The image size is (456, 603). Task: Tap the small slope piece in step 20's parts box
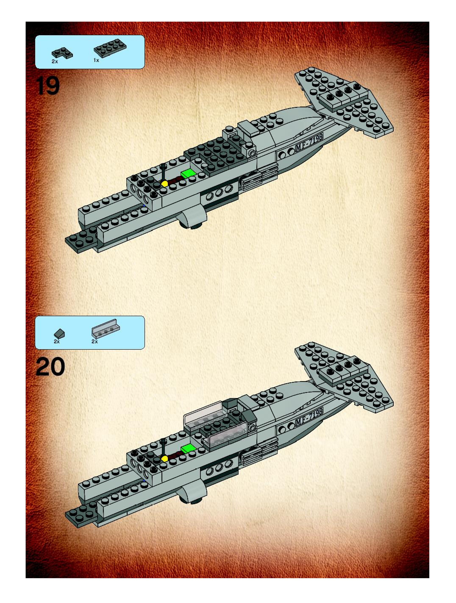[x=59, y=333]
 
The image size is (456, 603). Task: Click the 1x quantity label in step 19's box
[x=96, y=60]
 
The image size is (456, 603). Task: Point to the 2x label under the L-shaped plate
[x=55, y=62]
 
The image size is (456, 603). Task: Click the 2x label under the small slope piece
[x=57, y=341]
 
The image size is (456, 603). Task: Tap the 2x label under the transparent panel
[x=95, y=341]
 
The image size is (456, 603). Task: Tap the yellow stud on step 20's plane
[x=164, y=458]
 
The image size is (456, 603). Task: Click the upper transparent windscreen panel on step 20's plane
[x=203, y=414]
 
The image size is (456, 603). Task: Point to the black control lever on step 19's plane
[x=163, y=172]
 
